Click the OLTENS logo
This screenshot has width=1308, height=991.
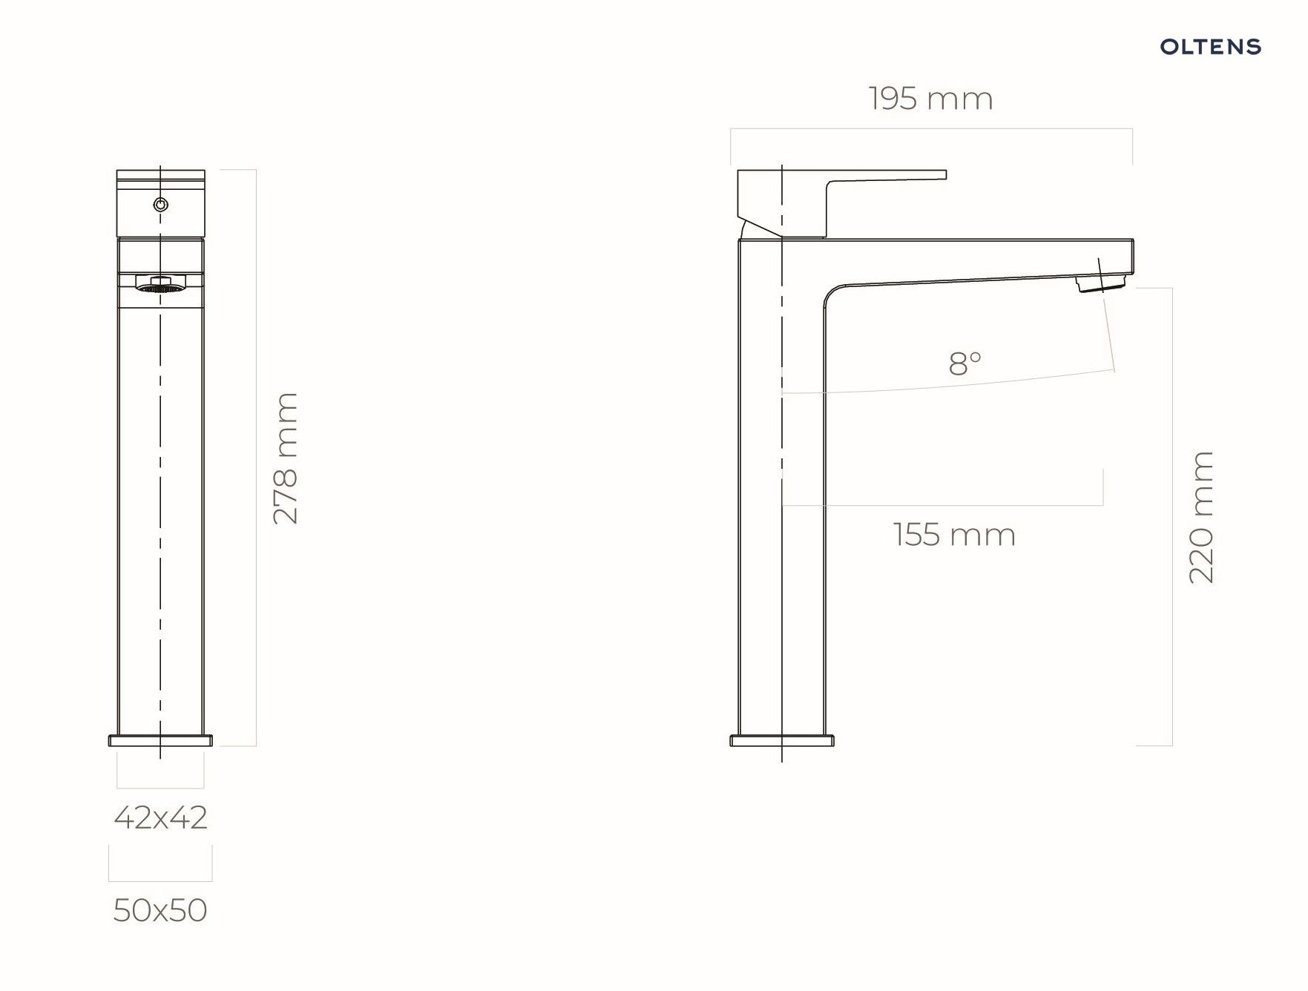pyautogui.click(x=1210, y=47)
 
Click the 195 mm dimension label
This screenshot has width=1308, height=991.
pyautogui.click(x=930, y=99)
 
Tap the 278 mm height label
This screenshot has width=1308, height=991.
pyautogui.click(x=286, y=458)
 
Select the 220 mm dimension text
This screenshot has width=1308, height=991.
pyautogui.click(x=1201, y=517)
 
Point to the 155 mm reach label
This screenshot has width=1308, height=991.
pyautogui.click(x=954, y=535)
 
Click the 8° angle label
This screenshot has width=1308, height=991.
pyautogui.click(x=964, y=363)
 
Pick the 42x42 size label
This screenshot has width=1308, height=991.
pyautogui.click(x=160, y=817)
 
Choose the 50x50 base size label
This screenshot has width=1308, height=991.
pyautogui.click(x=160, y=910)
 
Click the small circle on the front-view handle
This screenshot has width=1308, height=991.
pyautogui.click(x=160, y=205)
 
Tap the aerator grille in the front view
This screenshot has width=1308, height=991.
pyautogui.click(x=160, y=285)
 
